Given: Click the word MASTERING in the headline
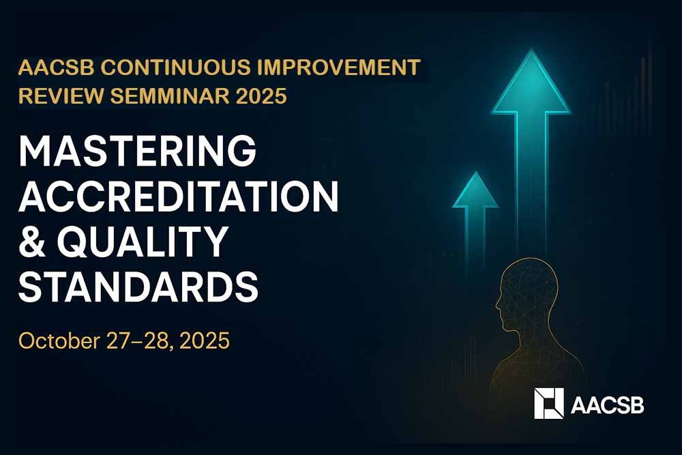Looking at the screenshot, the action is (138, 151).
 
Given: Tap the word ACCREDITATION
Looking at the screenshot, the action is (179, 196).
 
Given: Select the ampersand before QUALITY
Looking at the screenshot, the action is (32, 241).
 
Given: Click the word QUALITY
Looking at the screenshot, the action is (143, 241).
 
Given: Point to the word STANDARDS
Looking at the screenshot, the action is (138, 287).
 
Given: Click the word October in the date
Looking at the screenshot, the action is (59, 340).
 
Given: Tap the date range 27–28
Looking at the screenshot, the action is (139, 340).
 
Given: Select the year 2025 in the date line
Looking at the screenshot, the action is (205, 340).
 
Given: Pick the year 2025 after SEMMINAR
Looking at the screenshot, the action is (261, 96).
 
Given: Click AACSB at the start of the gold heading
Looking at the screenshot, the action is (57, 68).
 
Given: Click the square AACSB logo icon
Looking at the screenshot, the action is (549, 403).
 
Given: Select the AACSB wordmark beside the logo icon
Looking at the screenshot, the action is (607, 405).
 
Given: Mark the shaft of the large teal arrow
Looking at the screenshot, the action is (531, 183).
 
